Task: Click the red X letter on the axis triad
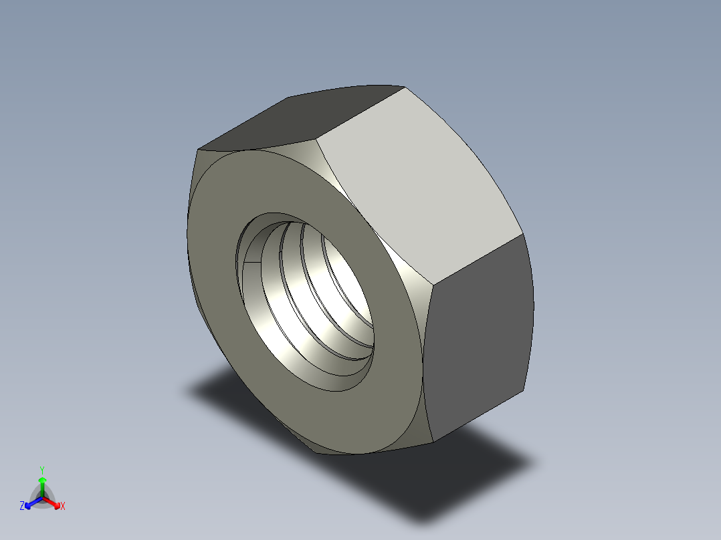[x=63, y=507]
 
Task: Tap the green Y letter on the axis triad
[x=42, y=470]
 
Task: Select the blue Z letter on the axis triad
[x=22, y=507]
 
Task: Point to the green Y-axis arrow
[x=42, y=484]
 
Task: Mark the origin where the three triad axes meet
[x=42, y=498]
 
